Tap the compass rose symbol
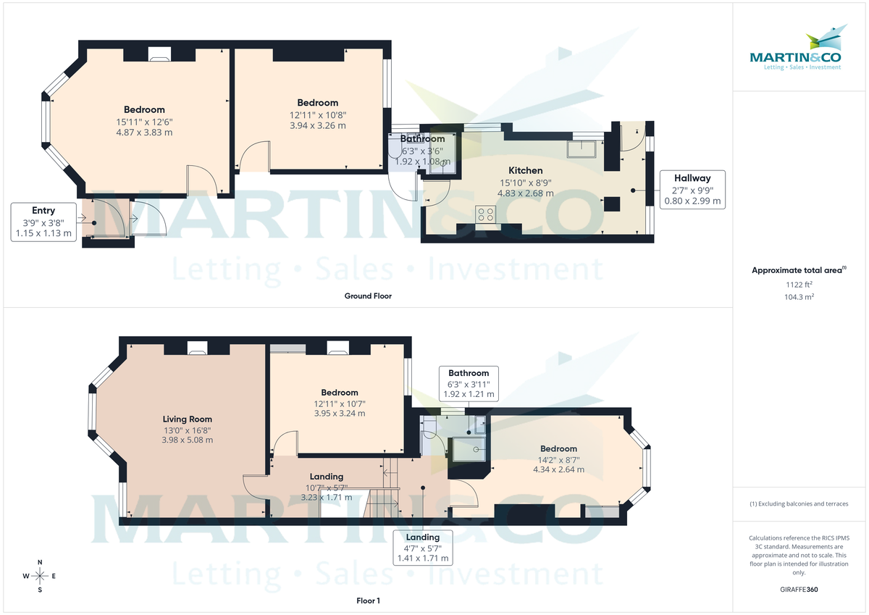(40, 576)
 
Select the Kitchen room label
(525, 170)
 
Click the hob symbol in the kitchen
(484, 214)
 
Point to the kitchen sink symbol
(584, 148)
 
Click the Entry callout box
(43, 222)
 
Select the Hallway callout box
(692, 190)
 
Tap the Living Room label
(187, 419)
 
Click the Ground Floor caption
(368, 296)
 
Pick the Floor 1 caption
(368, 601)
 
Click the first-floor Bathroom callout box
(469, 384)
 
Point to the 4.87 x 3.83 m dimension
(143, 133)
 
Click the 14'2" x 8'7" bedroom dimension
(558, 459)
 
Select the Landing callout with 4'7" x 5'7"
(423, 548)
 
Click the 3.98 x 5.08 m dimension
(187, 440)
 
